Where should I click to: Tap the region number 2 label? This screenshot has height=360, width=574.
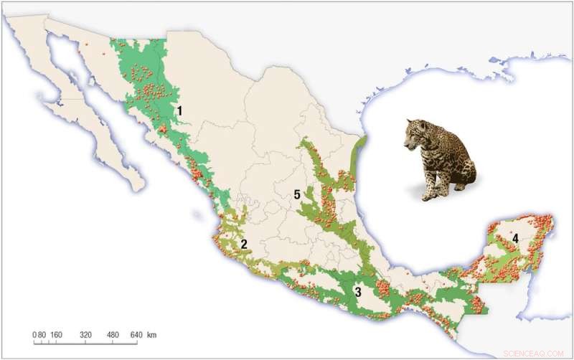[244, 244]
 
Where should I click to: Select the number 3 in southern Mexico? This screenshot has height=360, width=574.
[357, 291]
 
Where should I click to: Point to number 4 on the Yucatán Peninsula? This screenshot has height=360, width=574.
[514, 236]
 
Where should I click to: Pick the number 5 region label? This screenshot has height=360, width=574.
[296, 194]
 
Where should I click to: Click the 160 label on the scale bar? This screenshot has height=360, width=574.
[57, 335]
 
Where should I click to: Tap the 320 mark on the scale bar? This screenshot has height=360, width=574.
[86, 335]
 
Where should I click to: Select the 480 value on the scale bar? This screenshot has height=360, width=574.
[113, 335]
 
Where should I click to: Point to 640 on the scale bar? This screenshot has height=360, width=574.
[138, 335]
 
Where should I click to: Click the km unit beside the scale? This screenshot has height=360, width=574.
[152, 335]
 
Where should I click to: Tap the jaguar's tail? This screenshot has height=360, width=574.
[459, 188]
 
